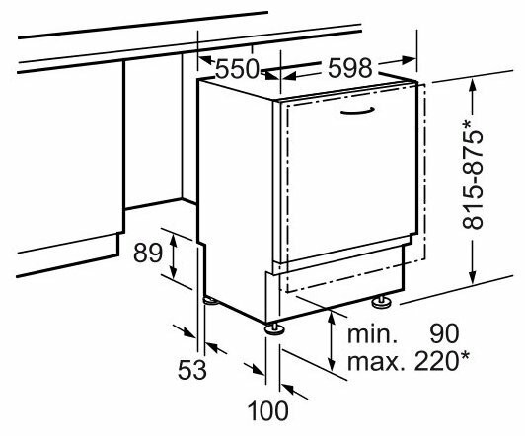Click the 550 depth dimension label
237,69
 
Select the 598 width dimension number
350,69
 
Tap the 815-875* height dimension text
473,175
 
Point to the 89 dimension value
148,253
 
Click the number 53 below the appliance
191,369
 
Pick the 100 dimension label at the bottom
267,410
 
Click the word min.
372,334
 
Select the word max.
373,361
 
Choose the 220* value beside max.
442,360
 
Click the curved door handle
357,112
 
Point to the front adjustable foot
275,328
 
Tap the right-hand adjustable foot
381,302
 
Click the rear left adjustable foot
210,301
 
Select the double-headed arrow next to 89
173,256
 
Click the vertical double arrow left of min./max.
332,340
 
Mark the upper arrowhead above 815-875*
472,87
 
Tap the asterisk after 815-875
467,125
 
